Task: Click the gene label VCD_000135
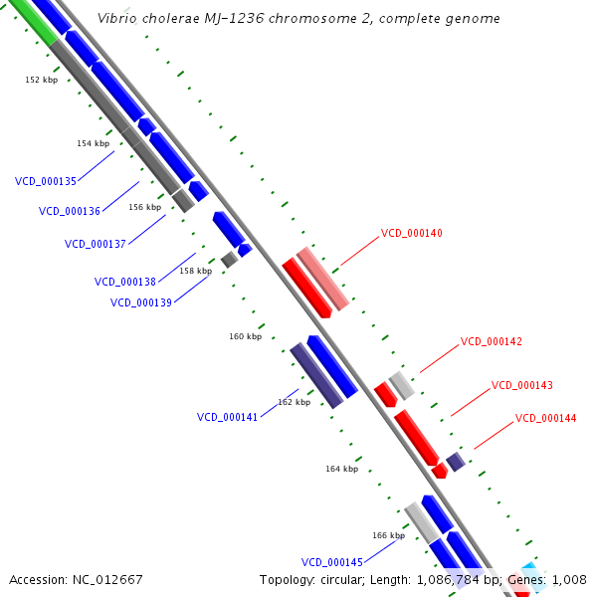46,181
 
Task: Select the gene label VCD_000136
70,211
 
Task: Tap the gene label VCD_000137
96,244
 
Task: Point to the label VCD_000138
125,282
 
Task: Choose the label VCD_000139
141,302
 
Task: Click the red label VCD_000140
412,233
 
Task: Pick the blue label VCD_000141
228,417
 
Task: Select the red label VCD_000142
492,341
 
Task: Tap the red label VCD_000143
522,385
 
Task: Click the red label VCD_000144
546,418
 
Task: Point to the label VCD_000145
332,562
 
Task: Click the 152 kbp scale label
41,80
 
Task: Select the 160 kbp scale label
245,336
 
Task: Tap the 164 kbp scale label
341,469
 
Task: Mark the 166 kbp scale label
388,535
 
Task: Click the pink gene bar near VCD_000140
322,278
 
